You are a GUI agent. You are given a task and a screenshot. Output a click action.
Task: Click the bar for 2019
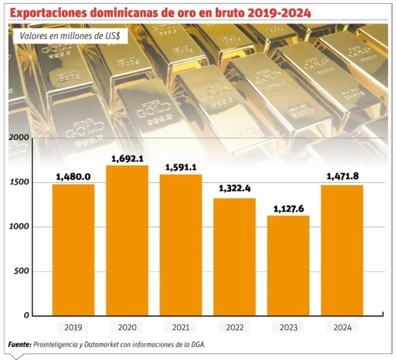(73, 250)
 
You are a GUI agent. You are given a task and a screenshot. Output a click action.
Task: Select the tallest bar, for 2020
(127, 240)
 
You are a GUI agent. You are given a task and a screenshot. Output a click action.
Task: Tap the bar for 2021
(180, 245)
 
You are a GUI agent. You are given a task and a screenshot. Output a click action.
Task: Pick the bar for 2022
(234, 257)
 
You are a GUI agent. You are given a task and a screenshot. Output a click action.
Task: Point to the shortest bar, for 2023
(288, 266)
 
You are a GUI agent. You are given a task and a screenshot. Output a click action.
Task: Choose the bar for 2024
(342, 250)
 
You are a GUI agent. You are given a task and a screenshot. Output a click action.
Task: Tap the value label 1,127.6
(288, 209)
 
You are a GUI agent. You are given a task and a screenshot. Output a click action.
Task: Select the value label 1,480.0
(73, 177)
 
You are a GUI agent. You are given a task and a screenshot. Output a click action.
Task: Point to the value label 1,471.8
(342, 176)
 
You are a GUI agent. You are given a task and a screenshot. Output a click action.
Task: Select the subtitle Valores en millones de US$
(69, 37)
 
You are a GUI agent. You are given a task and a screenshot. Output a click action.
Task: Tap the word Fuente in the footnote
(20, 345)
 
